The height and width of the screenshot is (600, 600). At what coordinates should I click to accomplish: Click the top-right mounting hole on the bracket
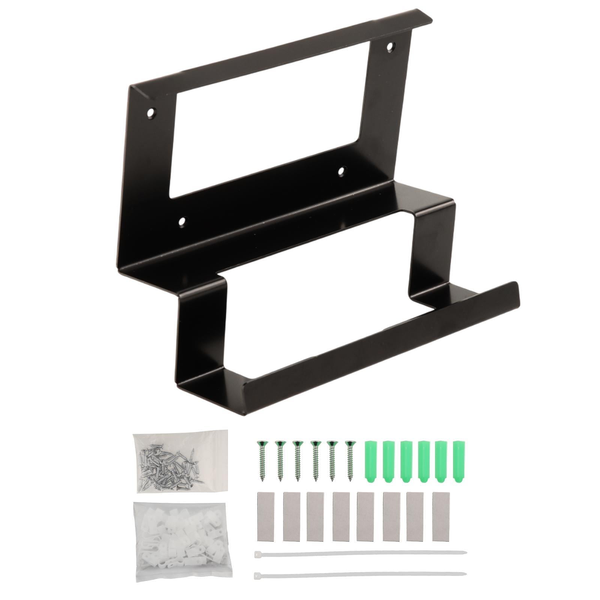point(391,47)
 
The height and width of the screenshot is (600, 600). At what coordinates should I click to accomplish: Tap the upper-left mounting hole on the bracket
point(151,112)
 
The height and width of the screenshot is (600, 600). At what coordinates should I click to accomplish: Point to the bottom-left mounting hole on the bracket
point(182,222)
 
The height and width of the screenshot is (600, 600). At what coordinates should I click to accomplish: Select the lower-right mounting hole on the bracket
point(341,171)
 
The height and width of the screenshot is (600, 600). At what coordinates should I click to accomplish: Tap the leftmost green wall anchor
point(370,460)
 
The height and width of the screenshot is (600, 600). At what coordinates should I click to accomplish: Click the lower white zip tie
point(360,573)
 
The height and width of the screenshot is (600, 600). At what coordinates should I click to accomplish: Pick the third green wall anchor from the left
point(406,460)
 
